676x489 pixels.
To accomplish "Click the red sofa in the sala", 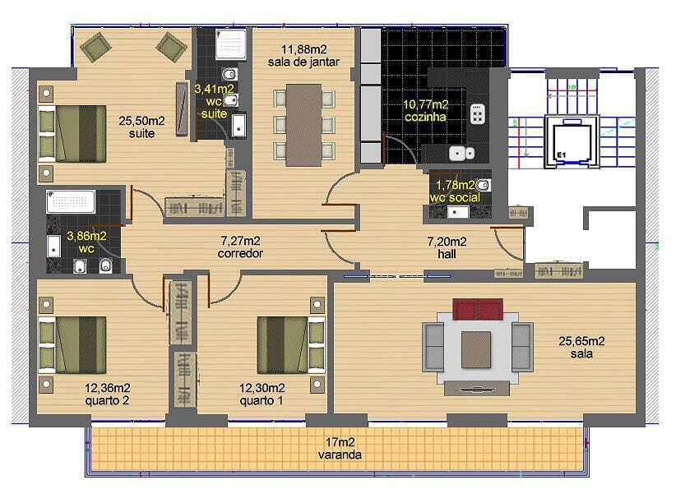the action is coord(478,309).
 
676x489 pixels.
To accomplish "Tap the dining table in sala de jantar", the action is coord(304,126).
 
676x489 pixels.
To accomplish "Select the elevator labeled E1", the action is coord(572,141).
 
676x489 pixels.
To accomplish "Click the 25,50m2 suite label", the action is coord(141,127).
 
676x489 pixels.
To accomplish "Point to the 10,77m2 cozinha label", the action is coord(425,110).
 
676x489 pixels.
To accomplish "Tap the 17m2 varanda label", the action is coord(340,448).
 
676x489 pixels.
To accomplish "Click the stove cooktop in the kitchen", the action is coord(477,114).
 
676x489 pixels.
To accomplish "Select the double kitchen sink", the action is coord(461,153).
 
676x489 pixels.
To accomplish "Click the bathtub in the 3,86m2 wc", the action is coord(71,201).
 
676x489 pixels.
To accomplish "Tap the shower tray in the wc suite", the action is coord(231,44).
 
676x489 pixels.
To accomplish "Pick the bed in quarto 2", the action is coord(72,345).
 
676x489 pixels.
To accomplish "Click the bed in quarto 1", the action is coord(291,345).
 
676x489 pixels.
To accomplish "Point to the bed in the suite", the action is coord(72,134).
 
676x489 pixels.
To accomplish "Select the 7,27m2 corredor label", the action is coord(240,247).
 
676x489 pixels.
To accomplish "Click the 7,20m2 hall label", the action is coord(447,247).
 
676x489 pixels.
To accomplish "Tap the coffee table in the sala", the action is coord(476,349).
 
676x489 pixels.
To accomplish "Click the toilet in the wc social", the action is coord(484,186).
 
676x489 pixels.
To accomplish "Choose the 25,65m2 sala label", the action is coord(581,348).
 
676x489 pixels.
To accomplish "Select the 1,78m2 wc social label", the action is coord(455,191).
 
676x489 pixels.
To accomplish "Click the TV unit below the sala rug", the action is coord(477,388).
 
